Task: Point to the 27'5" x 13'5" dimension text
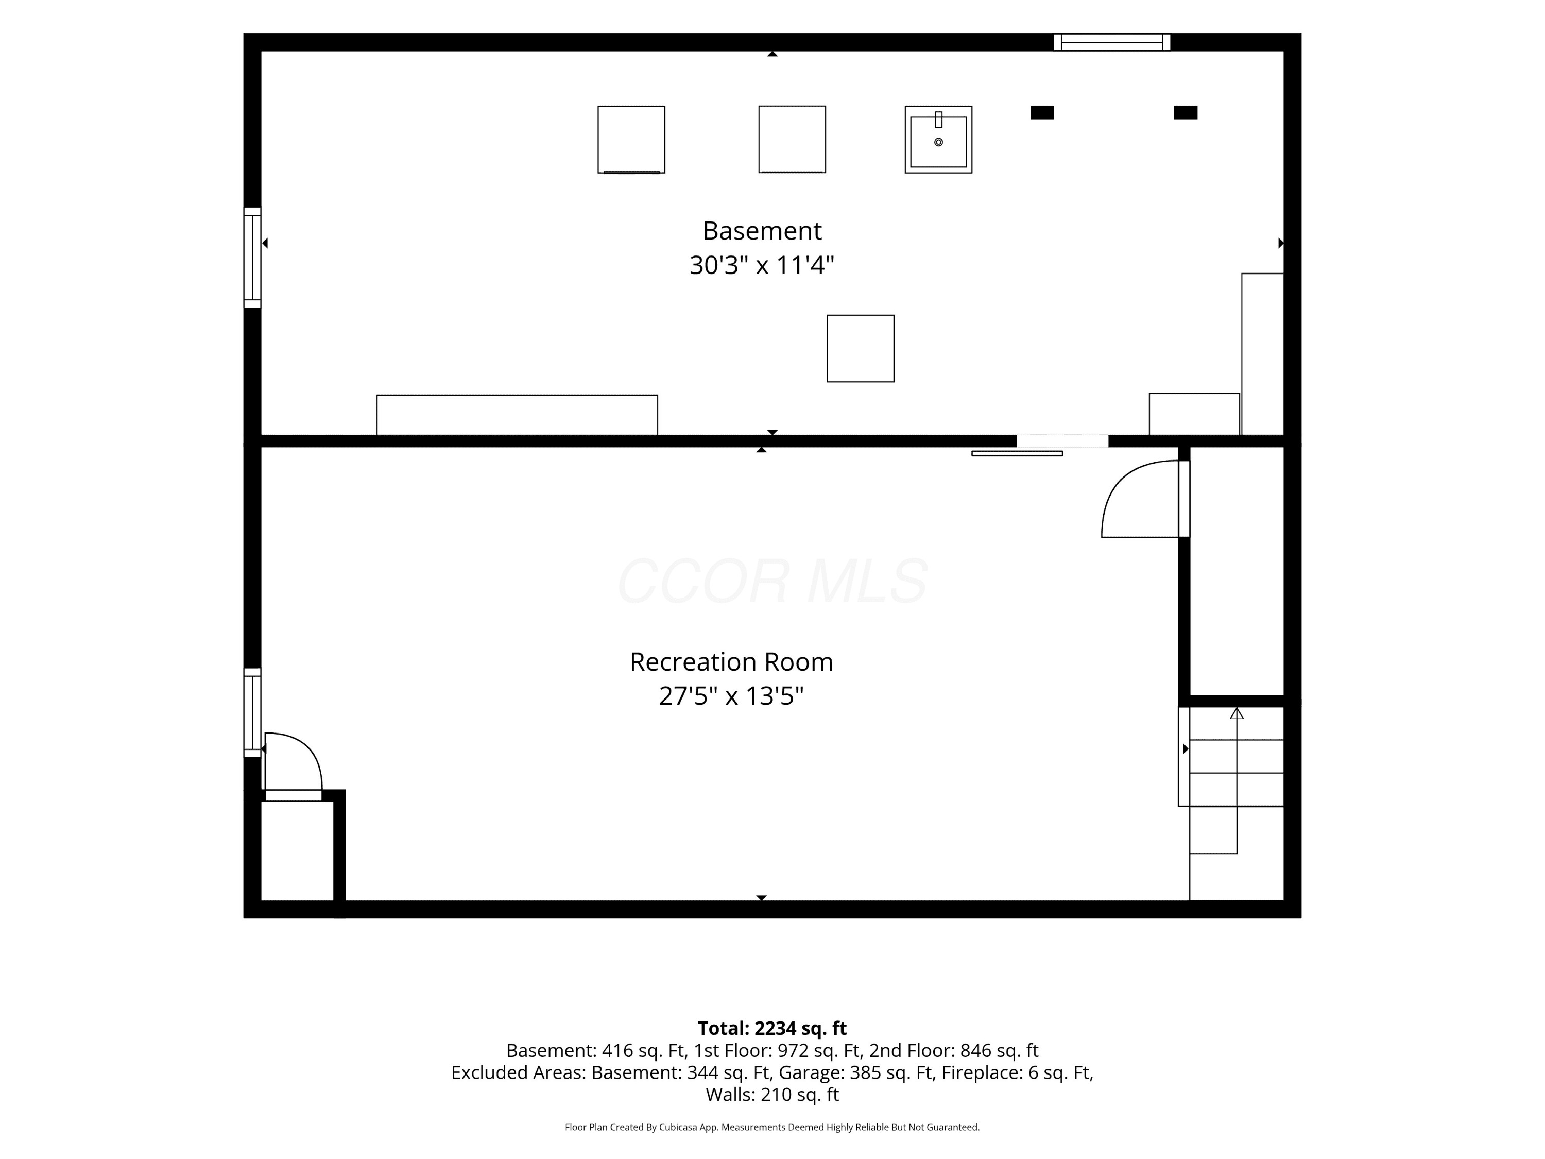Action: (731, 696)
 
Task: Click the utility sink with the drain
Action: (938, 140)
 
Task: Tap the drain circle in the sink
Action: (938, 143)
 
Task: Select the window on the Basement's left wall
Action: (252, 257)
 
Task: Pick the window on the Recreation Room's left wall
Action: (252, 712)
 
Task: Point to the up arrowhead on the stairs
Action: (1237, 713)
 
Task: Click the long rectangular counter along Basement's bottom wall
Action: (517, 415)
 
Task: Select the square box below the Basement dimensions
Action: (861, 349)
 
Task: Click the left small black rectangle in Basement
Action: (1042, 112)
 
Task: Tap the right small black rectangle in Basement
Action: (1186, 112)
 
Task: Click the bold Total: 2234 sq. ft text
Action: (772, 1028)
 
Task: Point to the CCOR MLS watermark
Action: (772, 581)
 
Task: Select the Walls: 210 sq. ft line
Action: (772, 1095)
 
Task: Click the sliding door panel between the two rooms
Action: (1017, 453)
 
